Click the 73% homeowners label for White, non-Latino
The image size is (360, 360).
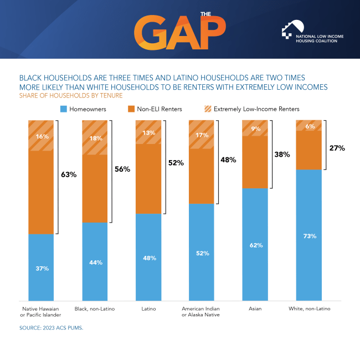click(x=310, y=236)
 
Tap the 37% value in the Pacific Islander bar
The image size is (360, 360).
click(x=42, y=268)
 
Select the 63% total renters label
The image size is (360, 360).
click(x=68, y=174)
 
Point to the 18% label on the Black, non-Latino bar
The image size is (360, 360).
click(x=95, y=138)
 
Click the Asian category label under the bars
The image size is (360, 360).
click(x=255, y=308)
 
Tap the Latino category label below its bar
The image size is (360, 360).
click(x=148, y=308)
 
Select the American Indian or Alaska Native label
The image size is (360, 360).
click(x=202, y=311)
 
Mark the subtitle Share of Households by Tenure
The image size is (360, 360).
click(x=69, y=95)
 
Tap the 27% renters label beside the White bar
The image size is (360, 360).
click(x=337, y=148)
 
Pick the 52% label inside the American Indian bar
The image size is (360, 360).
click(x=202, y=253)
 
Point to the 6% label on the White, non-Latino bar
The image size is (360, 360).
click(x=310, y=126)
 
